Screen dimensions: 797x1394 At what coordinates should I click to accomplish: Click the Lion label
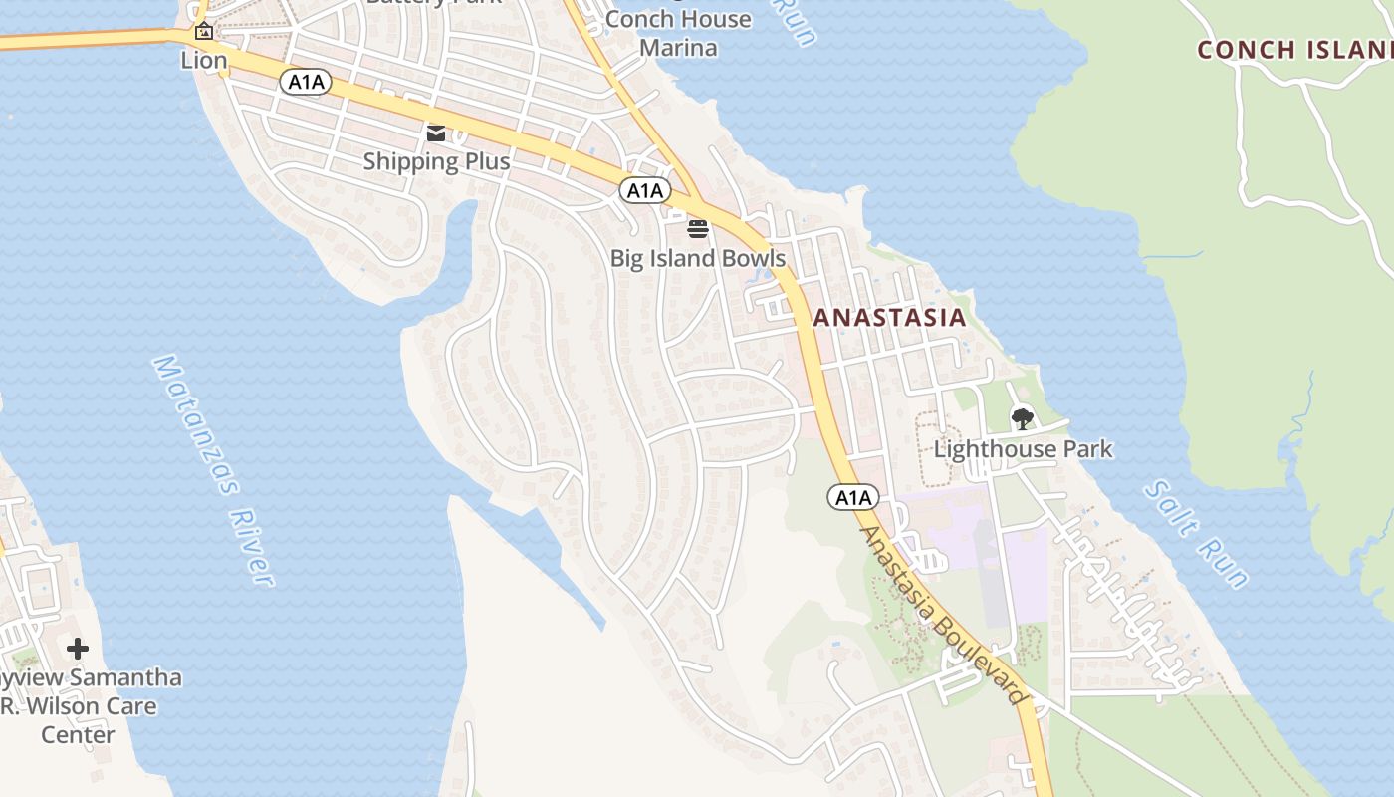pyautogui.click(x=204, y=60)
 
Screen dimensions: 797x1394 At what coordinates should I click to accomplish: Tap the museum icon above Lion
pyautogui.click(x=204, y=31)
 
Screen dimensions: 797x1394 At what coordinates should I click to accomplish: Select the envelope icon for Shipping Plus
pyautogui.click(x=436, y=133)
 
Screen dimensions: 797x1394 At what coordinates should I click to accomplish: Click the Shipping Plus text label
pyautogui.click(x=436, y=161)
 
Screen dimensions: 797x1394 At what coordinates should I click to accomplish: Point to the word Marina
pyautogui.click(x=678, y=47)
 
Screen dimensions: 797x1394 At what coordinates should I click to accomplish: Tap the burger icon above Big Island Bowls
pyautogui.click(x=697, y=229)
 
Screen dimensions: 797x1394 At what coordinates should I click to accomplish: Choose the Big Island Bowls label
pyautogui.click(x=697, y=259)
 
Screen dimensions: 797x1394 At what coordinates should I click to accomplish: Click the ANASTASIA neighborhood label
pyautogui.click(x=889, y=318)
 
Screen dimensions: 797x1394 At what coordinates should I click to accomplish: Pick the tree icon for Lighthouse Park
pyautogui.click(x=1022, y=418)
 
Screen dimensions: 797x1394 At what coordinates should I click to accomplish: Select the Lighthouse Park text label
pyautogui.click(x=1023, y=449)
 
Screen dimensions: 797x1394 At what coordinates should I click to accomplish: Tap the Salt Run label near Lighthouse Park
pyautogui.click(x=1195, y=534)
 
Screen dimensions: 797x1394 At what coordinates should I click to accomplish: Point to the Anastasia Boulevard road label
pyautogui.click(x=942, y=614)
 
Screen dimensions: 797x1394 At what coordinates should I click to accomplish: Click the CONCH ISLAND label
pyautogui.click(x=1294, y=50)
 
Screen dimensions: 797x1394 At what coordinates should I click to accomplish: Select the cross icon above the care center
pyautogui.click(x=78, y=650)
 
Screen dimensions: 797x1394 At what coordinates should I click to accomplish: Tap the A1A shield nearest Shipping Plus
pyautogui.click(x=306, y=82)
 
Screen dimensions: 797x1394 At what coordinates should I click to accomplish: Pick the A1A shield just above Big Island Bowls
pyautogui.click(x=644, y=190)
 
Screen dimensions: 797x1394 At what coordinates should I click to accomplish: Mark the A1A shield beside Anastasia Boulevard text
pyautogui.click(x=853, y=497)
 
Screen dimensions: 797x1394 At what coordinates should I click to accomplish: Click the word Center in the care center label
pyautogui.click(x=78, y=735)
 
